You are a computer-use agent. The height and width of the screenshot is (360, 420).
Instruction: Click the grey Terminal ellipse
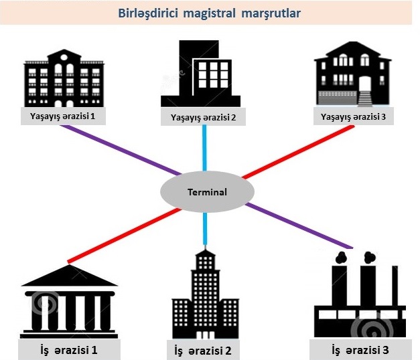point(206,192)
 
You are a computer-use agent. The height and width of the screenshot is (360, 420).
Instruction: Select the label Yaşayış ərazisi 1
point(64,115)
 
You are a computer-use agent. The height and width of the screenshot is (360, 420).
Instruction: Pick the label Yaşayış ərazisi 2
point(203,118)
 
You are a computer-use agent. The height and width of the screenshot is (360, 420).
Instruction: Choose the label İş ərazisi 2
point(203,349)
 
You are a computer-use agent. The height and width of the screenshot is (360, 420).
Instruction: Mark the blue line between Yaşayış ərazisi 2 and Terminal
point(204,151)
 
